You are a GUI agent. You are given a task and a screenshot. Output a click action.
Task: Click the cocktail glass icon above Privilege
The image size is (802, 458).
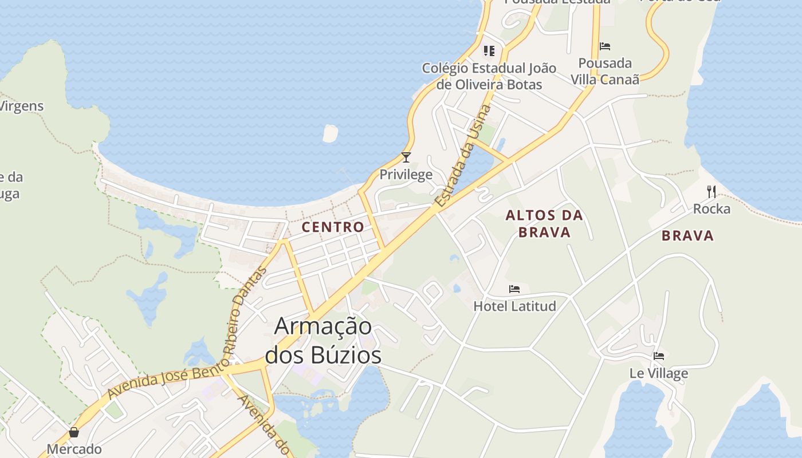tap(406, 157)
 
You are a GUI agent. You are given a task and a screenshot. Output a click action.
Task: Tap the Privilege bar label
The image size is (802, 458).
tap(406, 174)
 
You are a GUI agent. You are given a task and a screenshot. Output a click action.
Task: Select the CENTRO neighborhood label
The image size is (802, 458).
tap(333, 227)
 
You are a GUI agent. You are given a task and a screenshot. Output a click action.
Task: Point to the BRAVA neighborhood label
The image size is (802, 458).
tap(688, 235)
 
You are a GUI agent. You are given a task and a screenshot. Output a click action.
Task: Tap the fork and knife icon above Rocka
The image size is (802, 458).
tap(711, 191)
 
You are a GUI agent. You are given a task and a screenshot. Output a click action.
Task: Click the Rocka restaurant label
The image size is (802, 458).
tap(711, 208)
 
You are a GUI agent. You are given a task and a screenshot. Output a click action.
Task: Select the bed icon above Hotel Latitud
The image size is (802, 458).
tap(514, 289)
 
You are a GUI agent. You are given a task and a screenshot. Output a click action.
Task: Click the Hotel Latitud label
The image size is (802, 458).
tap(514, 306)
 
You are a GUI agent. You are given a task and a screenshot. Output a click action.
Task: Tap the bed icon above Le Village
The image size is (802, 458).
tap(659, 356)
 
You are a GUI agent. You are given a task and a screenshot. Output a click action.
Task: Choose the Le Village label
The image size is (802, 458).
tap(659, 373)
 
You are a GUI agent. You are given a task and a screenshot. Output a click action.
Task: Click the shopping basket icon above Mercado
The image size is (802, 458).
tap(74, 432)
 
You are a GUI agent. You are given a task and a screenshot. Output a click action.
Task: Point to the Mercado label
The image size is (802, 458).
tap(74, 449)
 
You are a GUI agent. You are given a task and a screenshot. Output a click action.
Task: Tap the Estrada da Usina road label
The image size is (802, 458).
tap(463, 156)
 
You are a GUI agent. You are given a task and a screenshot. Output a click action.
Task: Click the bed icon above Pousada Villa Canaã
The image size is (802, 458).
tap(605, 46)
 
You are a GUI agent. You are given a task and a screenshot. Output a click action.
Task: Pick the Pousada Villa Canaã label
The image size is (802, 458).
tap(605, 71)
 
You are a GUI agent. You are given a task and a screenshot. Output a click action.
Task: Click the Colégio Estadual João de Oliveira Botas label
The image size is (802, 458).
tap(489, 76)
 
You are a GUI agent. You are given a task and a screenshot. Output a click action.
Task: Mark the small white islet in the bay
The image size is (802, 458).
tap(331, 133)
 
